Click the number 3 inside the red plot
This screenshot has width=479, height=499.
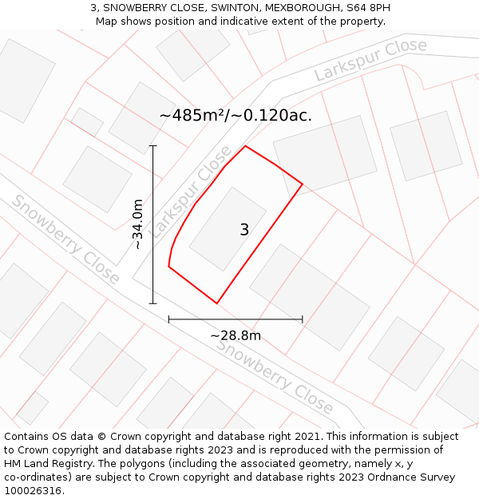click(x=244, y=230)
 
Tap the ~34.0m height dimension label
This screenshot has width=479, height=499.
click(x=138, y=224)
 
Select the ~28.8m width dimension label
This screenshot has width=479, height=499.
click(x=236, y=335)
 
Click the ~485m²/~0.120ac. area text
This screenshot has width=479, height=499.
click(x=236, y=115)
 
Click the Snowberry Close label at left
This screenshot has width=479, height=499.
click(x=65, y=239)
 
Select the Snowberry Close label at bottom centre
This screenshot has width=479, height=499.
click(x=275, y=376)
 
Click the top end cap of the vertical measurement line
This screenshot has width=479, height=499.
click(x=152, y=146)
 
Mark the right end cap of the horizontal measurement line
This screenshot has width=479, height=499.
click(x=303, y=319)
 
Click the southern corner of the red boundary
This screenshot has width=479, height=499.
click(x=217, y=303)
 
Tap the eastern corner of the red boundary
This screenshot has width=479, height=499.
click(x=303, y=184)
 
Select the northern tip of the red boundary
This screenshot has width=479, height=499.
click(x=245, y=146)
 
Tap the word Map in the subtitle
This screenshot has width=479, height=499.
click(x=107, y=21)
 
